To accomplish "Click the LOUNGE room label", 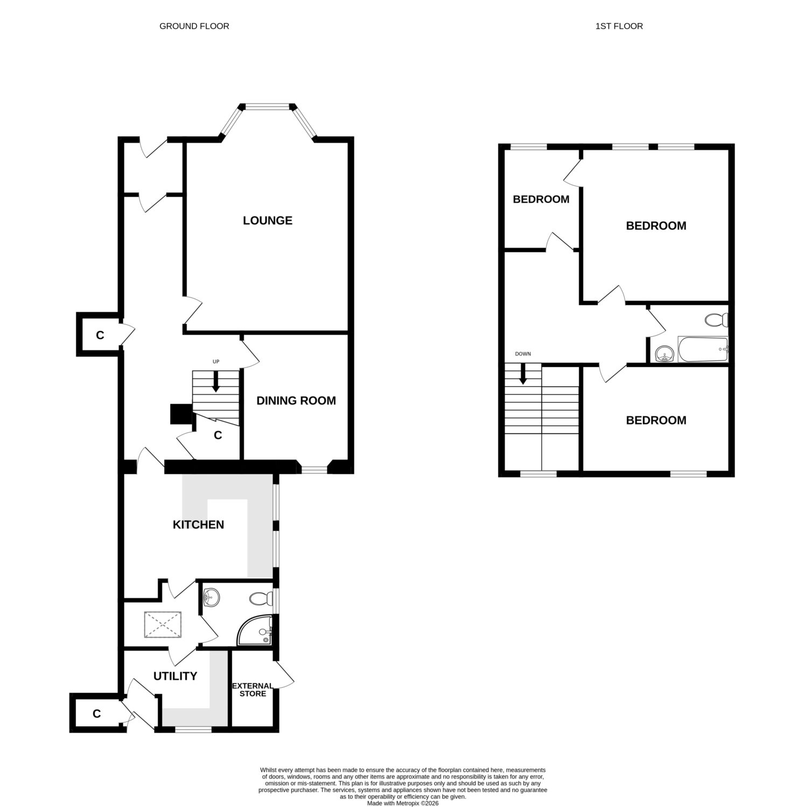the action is click(268, 221).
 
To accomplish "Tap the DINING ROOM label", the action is click(296, 401).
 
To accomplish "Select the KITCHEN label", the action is click(198, 525).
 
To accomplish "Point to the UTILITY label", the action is click(175, 676).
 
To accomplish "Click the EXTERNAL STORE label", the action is click(253, 690).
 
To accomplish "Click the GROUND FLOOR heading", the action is click(194, 26).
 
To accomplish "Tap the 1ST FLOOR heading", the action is click(619, 26).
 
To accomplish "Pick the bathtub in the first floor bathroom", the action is click(703, 350).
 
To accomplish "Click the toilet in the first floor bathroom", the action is click(716, 320).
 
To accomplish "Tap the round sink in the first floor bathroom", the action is click(665, 354).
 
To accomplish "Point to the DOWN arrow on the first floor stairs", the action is click(522, 374).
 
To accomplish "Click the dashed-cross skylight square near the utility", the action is click(164, 625).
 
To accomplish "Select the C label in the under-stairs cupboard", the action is click(218, 435).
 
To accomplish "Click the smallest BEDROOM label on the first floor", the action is click(541, 200).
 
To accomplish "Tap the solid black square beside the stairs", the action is click(180, 414).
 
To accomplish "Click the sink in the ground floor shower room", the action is click(212, 597).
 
